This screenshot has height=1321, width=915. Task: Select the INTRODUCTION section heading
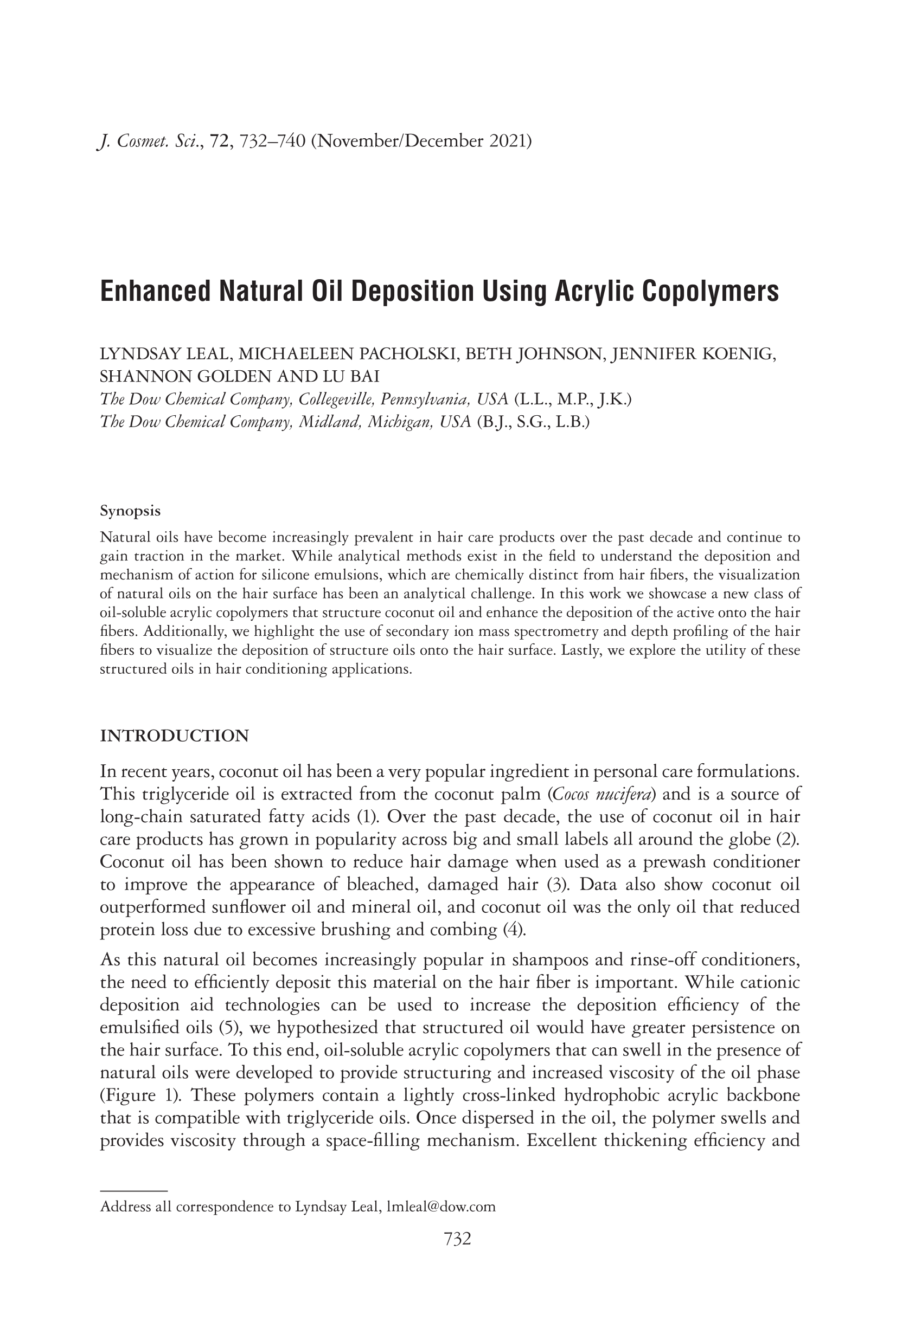point(174,736)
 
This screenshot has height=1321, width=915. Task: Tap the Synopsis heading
point(130,511)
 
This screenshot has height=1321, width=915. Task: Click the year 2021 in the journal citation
point(510,140)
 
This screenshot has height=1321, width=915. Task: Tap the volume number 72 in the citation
point(220,141)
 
